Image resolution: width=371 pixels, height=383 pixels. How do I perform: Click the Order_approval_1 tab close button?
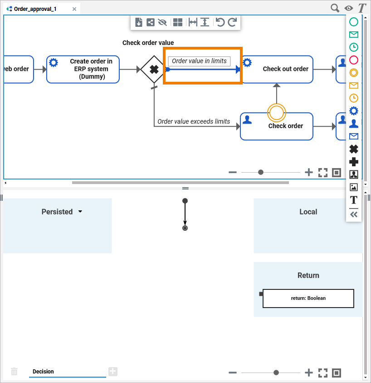pos(74,9)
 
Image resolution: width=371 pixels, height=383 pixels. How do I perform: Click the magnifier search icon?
pos(335,8)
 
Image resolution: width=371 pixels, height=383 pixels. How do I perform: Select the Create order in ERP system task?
pos(83,69)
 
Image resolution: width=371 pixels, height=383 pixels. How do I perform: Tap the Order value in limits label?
pos(199,61)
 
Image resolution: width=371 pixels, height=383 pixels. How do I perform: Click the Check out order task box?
pos(277,69)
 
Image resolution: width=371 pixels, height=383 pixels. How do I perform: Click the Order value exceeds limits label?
pos(194,121)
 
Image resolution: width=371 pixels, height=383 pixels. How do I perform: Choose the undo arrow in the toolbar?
pos(220,22)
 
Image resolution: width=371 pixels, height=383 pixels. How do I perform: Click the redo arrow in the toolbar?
pos(232,22)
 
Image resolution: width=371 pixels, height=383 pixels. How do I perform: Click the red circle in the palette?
pos(354,60)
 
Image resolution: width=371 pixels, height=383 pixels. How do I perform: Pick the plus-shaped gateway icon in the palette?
pos(354,161)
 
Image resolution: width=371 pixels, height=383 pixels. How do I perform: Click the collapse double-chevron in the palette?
pos(354,214)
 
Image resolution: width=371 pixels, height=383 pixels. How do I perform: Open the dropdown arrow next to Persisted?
pos(80,212)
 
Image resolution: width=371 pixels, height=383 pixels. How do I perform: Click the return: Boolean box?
pos(308,298)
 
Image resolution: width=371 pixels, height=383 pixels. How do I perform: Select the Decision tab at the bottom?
pos(43,372)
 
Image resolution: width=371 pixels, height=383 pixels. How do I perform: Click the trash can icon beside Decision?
pos(14,372)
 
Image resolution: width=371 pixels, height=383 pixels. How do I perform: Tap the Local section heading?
pos(308,212)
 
